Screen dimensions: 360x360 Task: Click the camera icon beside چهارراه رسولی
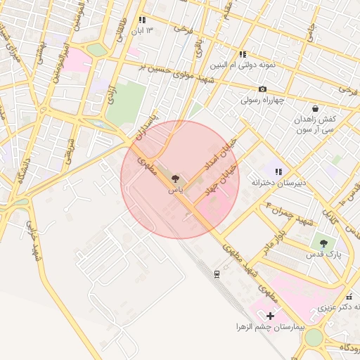tap(262, 89)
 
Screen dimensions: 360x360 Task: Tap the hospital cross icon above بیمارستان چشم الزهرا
tap(270, 316)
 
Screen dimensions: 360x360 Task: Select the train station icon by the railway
tap(217, 273)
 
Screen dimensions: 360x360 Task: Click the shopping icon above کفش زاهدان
tap(314, 109)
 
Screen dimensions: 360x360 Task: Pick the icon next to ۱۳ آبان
tap(142, 20)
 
